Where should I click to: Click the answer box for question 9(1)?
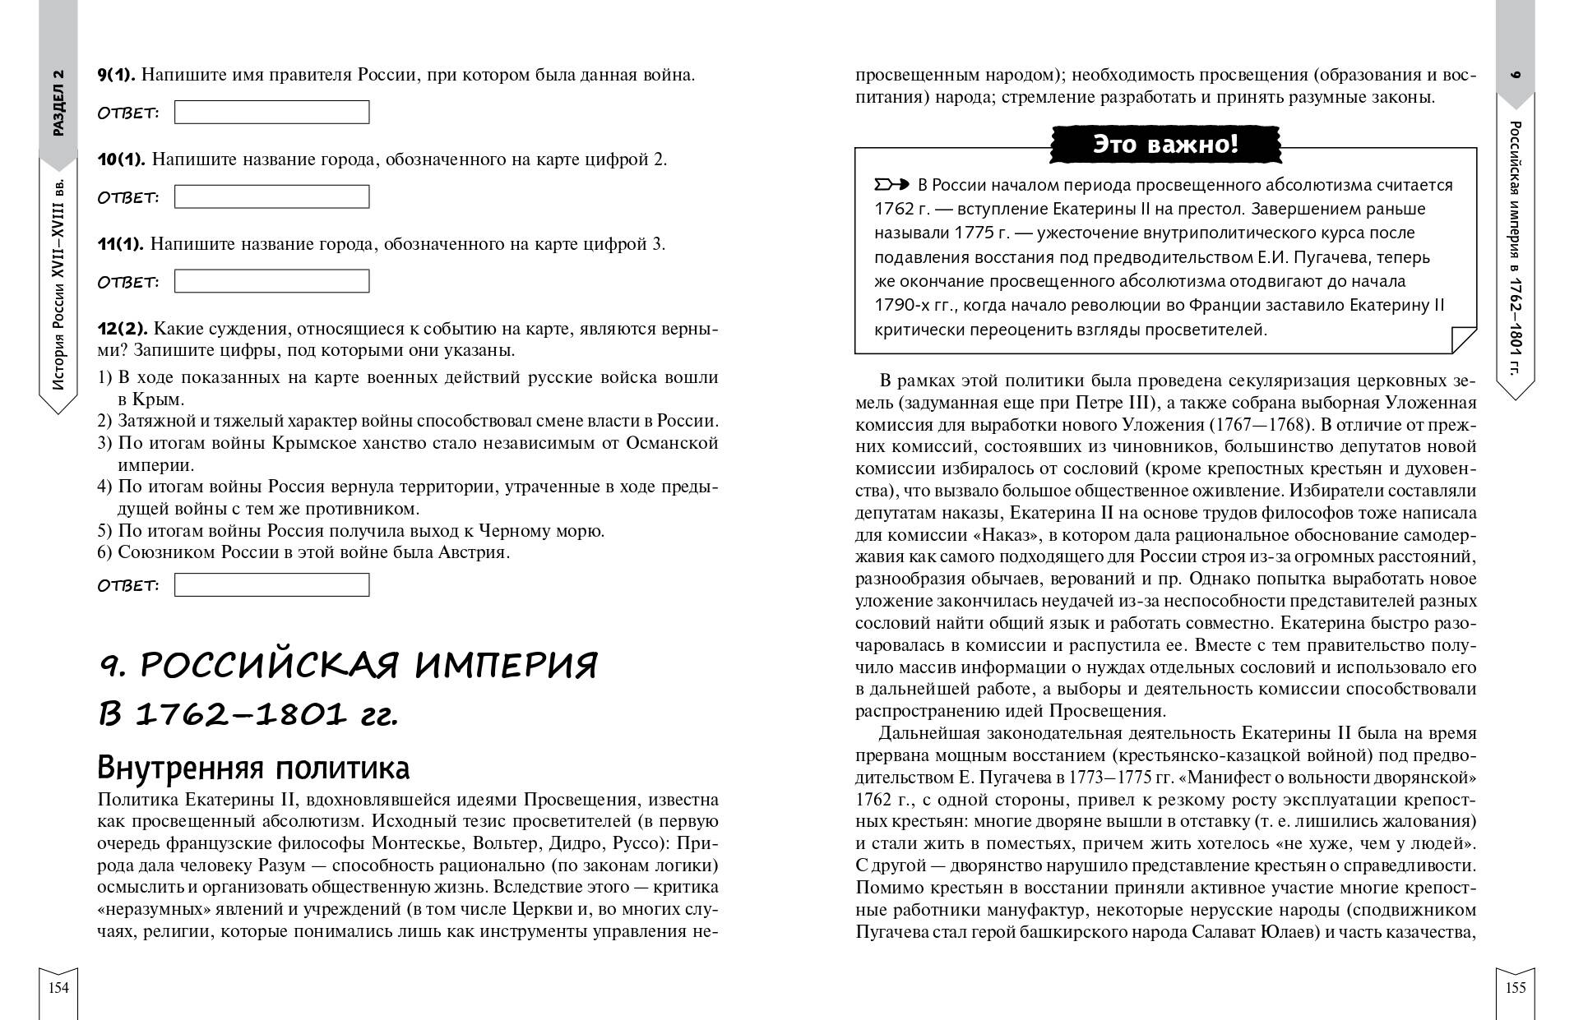[271, 112]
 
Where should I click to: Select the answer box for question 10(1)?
[271, 196]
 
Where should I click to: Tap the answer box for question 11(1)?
[271, 281]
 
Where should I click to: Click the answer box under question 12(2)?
[271, 584]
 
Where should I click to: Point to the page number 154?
[58, 988]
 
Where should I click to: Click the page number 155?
[1515, 988]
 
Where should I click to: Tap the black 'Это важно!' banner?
[1164, 145]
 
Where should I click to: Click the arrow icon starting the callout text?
[891, 184]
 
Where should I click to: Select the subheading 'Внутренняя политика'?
[253, 768]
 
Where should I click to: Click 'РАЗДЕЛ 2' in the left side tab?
[58, 104]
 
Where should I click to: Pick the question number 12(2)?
[121, 329]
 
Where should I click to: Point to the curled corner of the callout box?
[1462, 339]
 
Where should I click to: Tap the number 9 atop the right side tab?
[1516, 75]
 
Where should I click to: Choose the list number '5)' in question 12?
[104, 531]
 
